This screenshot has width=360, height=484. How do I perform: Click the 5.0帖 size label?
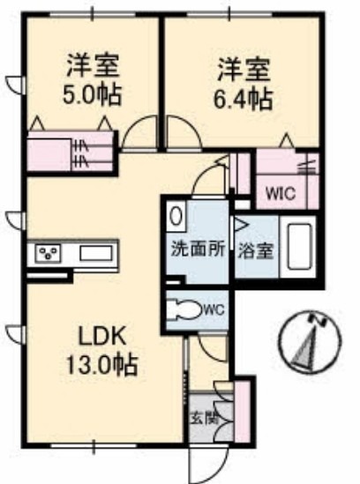click(x=93, y=94)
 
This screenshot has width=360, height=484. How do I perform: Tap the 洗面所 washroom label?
click(x=199, y=249)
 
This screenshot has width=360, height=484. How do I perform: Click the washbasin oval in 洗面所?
click(x=176, y=214)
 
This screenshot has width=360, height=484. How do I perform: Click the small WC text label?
click(x=214, y=309)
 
